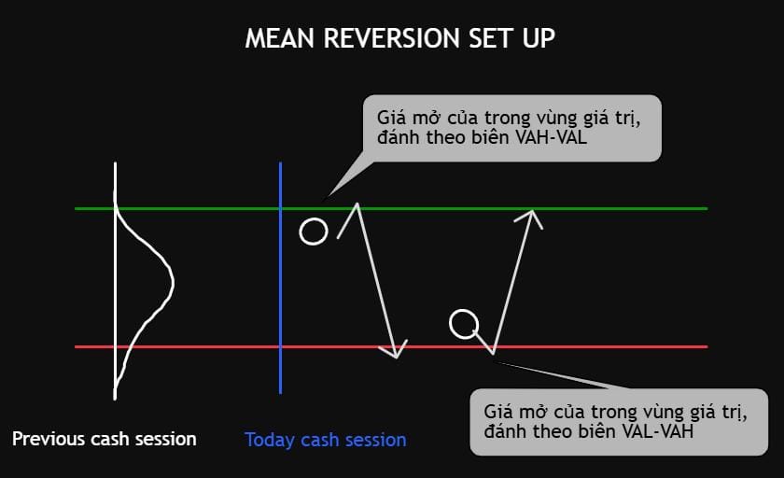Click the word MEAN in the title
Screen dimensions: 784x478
point(279,38)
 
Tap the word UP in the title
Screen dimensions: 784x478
point(539,38)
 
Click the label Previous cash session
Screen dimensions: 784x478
point(104,439)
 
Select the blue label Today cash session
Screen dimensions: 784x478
point(325,440)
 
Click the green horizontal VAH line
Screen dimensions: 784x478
point(391,208)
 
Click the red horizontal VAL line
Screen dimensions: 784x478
point(391,346)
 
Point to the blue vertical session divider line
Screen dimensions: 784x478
point(281,277)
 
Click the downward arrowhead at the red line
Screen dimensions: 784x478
point(396,357)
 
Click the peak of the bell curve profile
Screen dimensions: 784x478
point(173,283)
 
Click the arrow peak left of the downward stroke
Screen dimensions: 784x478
point(357,204)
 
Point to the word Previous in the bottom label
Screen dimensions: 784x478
point(49,439)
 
